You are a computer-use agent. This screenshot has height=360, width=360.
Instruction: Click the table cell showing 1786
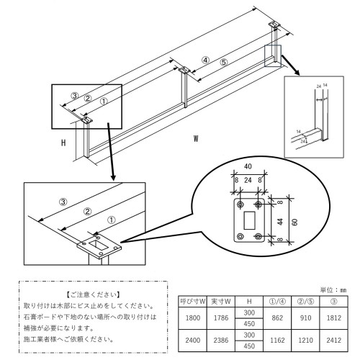coord(221,318)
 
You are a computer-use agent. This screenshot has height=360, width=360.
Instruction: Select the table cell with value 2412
coord(334,341)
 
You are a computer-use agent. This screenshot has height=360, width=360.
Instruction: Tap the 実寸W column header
coord(221,302)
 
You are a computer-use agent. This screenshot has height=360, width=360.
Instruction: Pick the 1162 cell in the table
coord(277,341)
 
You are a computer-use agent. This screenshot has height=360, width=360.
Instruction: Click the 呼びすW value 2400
coord(193,341)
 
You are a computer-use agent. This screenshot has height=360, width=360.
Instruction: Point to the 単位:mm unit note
coord(333,290)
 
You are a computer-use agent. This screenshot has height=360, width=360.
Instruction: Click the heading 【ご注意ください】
coord(93,294)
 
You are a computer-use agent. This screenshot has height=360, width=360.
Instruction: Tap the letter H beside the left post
coord(63,143)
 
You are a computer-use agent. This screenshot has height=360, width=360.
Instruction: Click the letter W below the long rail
coord(196,138)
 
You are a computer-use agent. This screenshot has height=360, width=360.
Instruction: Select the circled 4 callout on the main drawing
coord(205,60)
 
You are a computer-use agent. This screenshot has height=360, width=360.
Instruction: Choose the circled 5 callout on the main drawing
coord(223,63)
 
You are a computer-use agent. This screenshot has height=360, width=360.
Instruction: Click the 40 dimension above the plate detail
coord(248,166)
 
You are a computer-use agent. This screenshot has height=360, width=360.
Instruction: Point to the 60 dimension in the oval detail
coord(295,222)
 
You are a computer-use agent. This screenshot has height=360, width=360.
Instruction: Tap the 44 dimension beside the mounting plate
coord(280,222)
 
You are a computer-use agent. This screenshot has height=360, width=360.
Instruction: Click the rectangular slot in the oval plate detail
coord(249,220)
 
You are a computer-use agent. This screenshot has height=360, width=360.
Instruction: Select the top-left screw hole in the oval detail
coord(240,204)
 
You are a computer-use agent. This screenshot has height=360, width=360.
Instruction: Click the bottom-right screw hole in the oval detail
coord(258,237)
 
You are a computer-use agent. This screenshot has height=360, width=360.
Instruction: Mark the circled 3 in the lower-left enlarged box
coord(63,202)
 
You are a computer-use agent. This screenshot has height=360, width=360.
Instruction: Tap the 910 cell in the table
coord(305,318)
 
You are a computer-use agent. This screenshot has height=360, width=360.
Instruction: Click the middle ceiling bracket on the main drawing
coord(184,70)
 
